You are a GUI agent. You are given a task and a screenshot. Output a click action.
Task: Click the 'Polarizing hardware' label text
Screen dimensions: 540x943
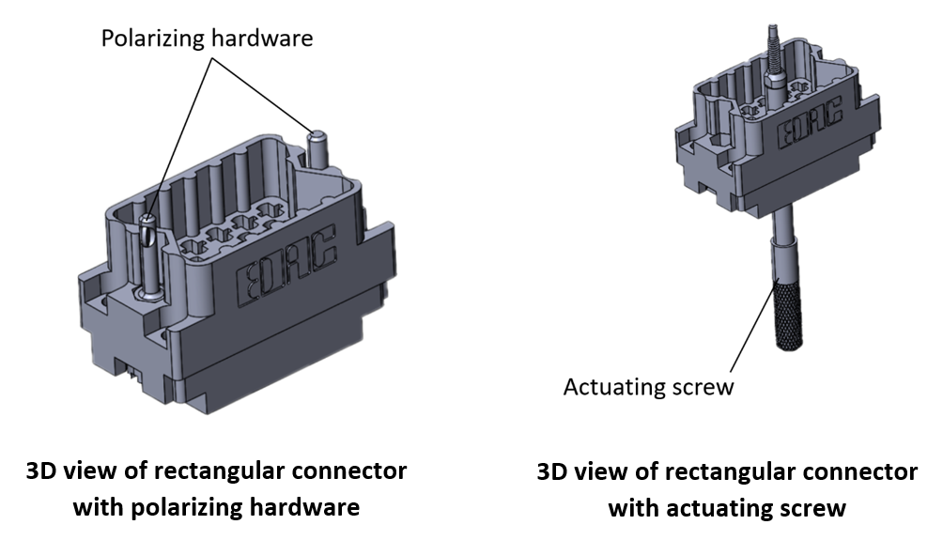(207, 39)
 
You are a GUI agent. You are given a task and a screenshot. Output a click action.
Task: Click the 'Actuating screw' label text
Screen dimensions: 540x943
(648, 386)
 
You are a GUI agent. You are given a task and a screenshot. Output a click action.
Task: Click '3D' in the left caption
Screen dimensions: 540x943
(42, 471)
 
